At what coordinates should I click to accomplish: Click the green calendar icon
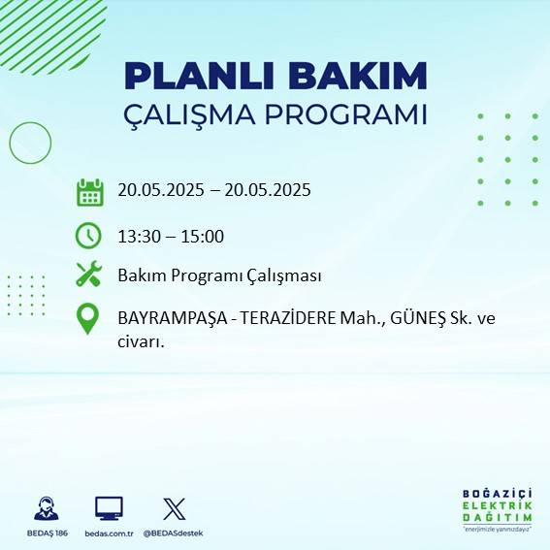pos(89,191)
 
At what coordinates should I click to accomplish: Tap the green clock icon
pos(88,235)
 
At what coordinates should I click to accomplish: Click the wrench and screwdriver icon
pos(88,275)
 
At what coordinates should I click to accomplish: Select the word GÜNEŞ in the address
pos(409,317)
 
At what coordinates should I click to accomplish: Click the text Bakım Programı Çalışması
pos(219,275)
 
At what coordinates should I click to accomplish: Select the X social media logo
pos(174,508)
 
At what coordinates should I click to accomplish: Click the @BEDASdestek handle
pos(174,534)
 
